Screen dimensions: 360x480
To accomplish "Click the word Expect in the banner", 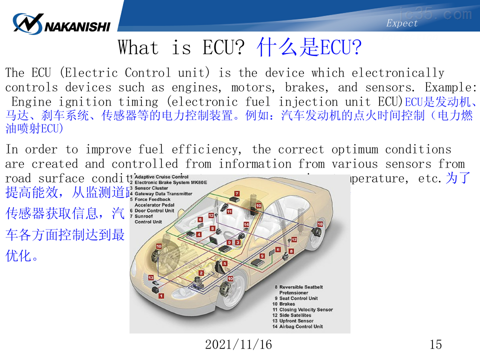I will pos(401,23).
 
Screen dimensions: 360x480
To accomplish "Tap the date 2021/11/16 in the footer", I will pos(238,344).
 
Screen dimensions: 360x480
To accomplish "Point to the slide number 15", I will pos(435,344).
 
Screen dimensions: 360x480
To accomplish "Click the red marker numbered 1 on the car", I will pos(161,296).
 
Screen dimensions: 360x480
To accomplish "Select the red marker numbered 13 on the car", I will pos(150,277).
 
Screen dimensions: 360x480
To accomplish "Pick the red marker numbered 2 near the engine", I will pos(201,273).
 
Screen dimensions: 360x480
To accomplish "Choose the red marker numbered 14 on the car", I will pos(246,225).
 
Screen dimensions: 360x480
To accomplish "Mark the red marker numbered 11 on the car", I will pos(229,211).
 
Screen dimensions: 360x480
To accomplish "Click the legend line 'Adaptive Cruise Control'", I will pos(161,177).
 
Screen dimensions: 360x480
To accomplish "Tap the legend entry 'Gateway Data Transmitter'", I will pos(163,193).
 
